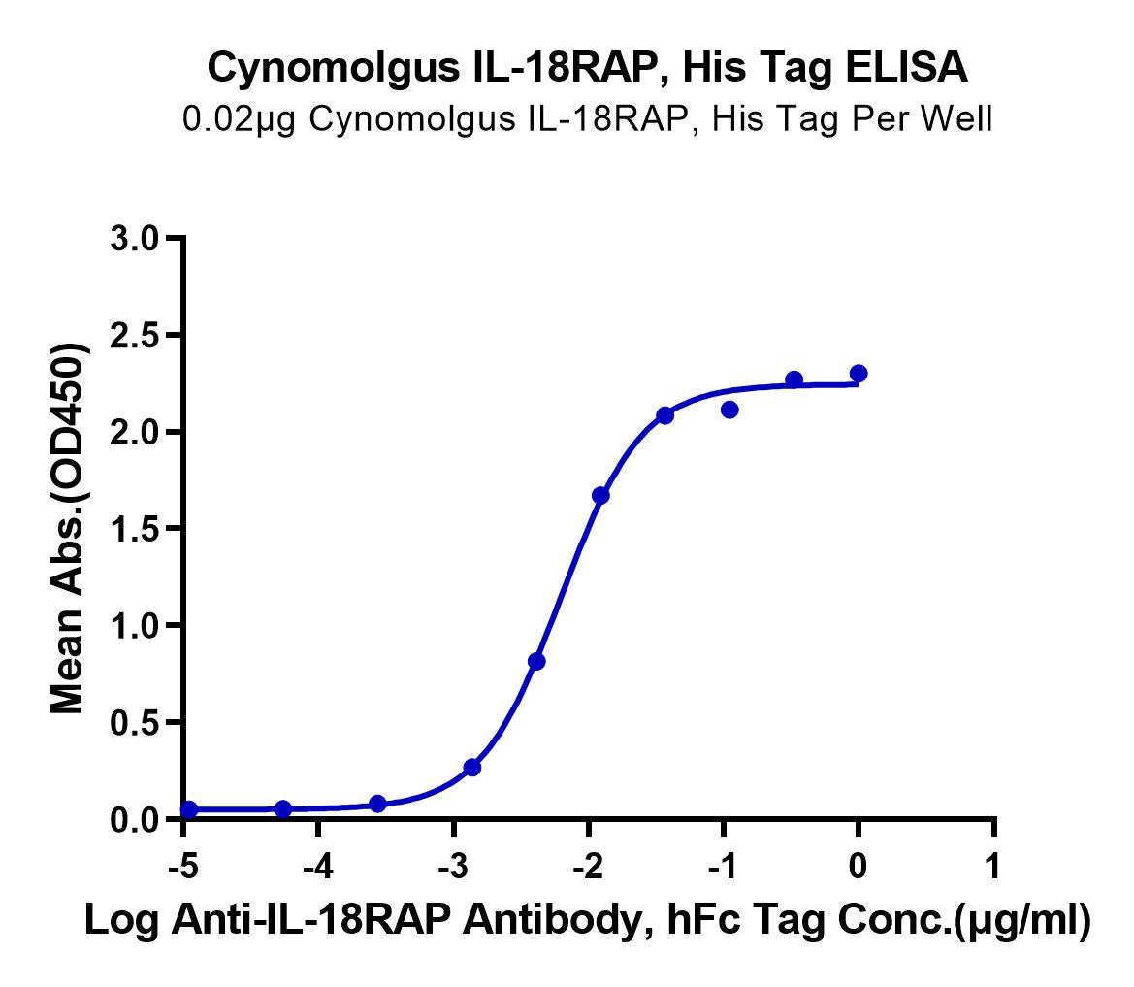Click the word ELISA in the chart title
click(x=907, y=67)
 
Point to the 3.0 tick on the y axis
click(x=135, y=239)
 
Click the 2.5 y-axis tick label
click(x=135, y=336)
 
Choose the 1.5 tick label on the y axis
click(x=135, y=530)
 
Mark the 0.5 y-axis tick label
click(x=135, y=723)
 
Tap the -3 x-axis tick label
click(x=453, y=866)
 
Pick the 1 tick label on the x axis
click(x=993, y=866)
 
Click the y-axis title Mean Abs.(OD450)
click(x=69, y=529)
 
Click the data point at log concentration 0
click(x=859, y=374)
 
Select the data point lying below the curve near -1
click(x=729, y=410)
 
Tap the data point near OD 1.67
click(x=600, y=496)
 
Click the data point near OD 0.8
click(x=536, y=661)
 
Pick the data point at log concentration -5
click(x=189, y=809)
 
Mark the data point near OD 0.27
click(x=472, y=767)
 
